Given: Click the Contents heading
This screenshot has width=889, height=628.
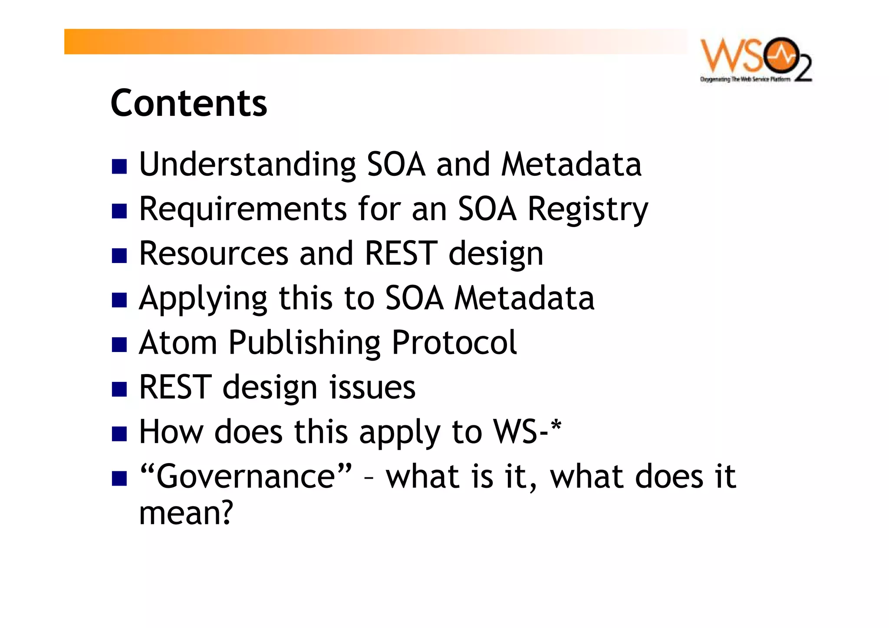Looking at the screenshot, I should coord(189,103).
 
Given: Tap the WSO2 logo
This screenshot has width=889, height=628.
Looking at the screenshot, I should coord(756,56).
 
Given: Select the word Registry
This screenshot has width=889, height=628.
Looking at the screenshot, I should coord(588,210).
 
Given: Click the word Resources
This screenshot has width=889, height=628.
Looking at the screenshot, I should coord(214,254).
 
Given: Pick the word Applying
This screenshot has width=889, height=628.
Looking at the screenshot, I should coord(203,299).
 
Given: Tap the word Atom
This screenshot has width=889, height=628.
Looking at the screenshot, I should coord(178,343).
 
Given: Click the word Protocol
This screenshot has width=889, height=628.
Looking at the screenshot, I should coord(454,343).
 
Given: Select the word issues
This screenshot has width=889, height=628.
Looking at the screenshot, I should coord(372,388).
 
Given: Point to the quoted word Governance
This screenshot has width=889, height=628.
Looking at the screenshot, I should coord(246,477).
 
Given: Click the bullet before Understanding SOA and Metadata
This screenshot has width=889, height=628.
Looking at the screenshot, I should coord(119,166).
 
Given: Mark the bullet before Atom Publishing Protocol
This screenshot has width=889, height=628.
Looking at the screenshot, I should coord(119,345).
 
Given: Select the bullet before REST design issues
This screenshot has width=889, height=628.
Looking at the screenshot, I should coord(119,389).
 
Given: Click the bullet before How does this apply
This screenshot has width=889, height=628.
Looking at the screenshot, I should coord(119,434).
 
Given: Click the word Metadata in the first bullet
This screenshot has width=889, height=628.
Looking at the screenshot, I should coord(571,165).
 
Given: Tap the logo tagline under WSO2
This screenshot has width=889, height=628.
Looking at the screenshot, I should coord(745,79).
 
